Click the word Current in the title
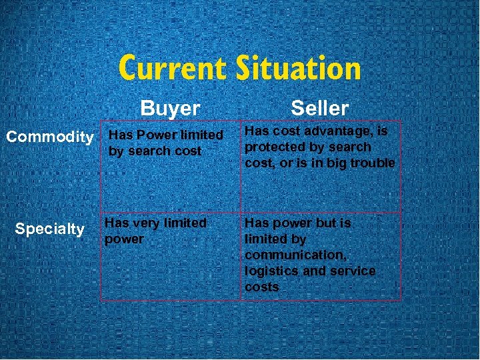point(173,69)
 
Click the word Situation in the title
point(298,69)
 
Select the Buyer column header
point(170,109)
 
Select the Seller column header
point(319,108)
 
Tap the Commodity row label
point(50,137)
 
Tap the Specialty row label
point(49,229)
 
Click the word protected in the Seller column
point(271,147)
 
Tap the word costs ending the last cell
point(261,287)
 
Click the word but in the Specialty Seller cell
point(323,223)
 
